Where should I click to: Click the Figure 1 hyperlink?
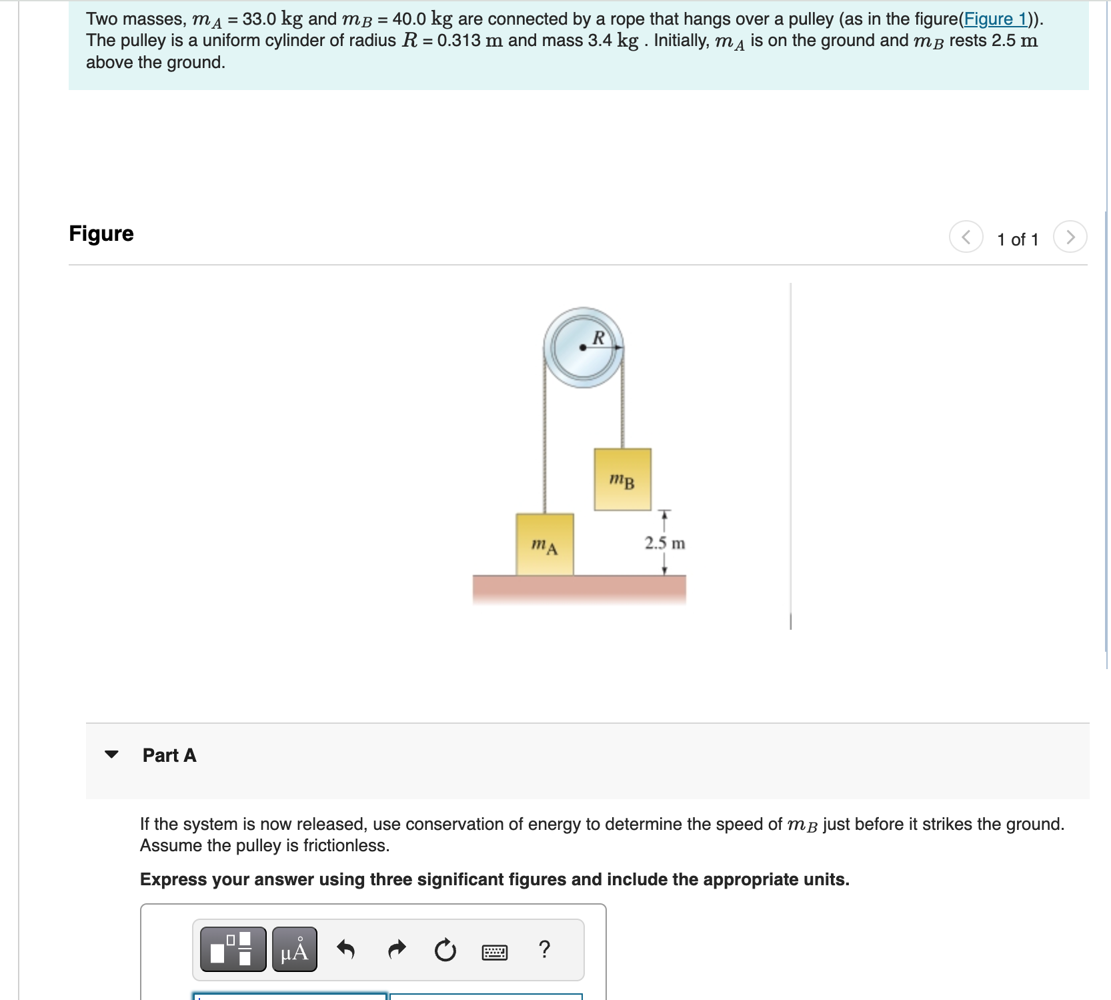[996, 19]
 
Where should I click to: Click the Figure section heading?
[101, 233]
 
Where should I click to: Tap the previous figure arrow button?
[966, 237]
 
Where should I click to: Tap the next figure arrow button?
[1070, 237]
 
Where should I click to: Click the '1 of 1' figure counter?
[1018, 239]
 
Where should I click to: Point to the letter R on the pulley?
[598, 338]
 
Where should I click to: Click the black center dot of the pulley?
[583, 348]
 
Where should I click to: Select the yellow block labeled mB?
[622, 480]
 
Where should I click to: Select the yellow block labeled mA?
[544, 544]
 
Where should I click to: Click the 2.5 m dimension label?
[664, 543]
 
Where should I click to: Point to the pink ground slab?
[579, 588]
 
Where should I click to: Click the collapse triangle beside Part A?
[111, 755]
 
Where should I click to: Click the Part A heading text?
[169, 755]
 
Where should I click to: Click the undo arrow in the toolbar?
[345, 949]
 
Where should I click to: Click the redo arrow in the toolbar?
[397, 949]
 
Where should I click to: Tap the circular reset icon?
[445, 949]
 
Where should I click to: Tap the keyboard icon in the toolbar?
[494, 952]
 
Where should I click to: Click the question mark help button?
[544, 949]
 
